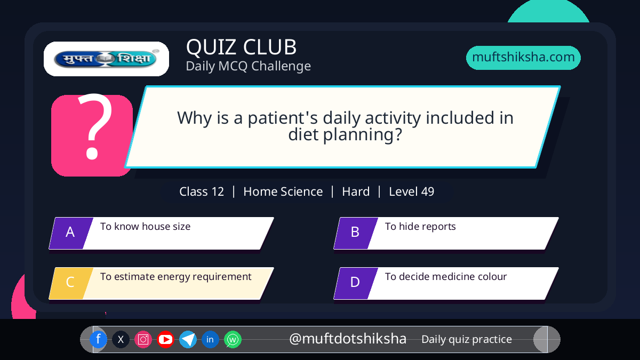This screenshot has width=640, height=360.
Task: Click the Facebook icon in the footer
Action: (x=98, y=339)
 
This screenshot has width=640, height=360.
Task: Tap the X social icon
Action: (x=121, y=339)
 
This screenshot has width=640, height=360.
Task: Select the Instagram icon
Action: (x=143, y=339)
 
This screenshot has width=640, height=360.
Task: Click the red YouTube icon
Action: (x=165, y=339)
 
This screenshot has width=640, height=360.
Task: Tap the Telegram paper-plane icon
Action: (x=188, y=339)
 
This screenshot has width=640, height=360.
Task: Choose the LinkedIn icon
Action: (x=210, y=339)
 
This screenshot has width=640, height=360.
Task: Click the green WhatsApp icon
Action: (x=233, y=339)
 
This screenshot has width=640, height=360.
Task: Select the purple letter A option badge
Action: (x=71, y=233)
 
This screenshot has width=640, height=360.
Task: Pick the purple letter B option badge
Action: (x=356, y=233)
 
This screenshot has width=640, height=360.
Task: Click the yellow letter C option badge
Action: (x=71, y=283)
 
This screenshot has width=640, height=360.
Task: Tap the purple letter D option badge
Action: (x=356, y=283)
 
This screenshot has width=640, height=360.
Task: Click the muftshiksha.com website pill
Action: (x=523, y=58)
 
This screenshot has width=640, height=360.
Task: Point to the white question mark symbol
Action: (x=94, y=126)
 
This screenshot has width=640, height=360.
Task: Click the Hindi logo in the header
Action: (x=106, y=59)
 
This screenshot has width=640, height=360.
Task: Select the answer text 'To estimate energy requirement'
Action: (x=175, y=277)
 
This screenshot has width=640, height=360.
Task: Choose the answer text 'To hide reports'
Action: (x=420, y=227)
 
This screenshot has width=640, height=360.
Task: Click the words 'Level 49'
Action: (x=411, y=191)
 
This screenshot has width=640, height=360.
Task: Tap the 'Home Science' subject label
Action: (x=283, y=191)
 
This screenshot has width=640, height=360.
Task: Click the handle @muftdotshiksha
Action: (x=348, y=339)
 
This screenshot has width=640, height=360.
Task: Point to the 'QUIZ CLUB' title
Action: (x=242, y=47)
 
